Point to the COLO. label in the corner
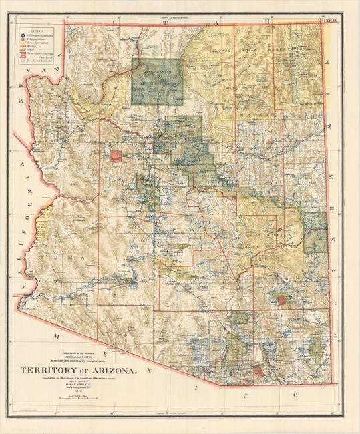(329, 22)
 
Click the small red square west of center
(114, 157)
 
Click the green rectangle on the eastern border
(315, 231)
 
